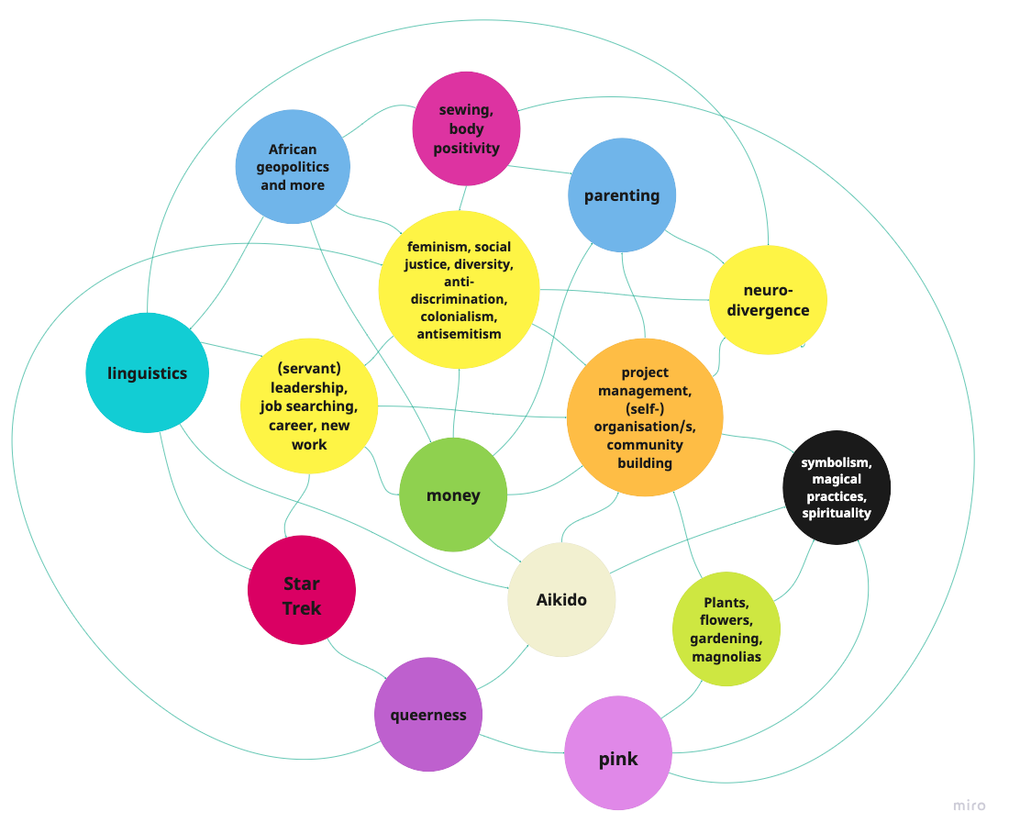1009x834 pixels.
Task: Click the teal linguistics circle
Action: pos(147,373)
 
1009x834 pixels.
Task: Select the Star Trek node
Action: pos(301,590)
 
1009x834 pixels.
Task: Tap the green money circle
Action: pos(453,495)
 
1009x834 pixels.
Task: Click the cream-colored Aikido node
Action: pos(561,600)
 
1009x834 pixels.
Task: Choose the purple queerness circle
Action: pos(428,715)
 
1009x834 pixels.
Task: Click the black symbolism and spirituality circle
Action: pos(837,487)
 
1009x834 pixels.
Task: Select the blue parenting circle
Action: pos(622,195)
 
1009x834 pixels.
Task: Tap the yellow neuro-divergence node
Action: pos(768,300)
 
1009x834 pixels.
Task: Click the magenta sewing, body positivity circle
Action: pos(466,129)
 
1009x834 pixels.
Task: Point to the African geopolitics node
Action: pos(293,167)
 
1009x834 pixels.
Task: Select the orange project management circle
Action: pos(645,417)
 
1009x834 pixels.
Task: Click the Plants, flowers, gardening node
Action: pos(726,629)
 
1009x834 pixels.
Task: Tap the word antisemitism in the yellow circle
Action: pos(459,334)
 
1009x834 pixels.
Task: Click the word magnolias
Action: pos(726,657)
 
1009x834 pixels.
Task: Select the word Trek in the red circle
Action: pos(301,608)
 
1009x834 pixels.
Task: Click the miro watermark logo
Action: pos(969,806)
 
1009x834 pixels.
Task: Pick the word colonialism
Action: pos(459,317)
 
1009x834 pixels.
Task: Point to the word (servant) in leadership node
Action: pos(309,368)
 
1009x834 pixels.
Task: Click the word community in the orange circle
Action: pos(645,445)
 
